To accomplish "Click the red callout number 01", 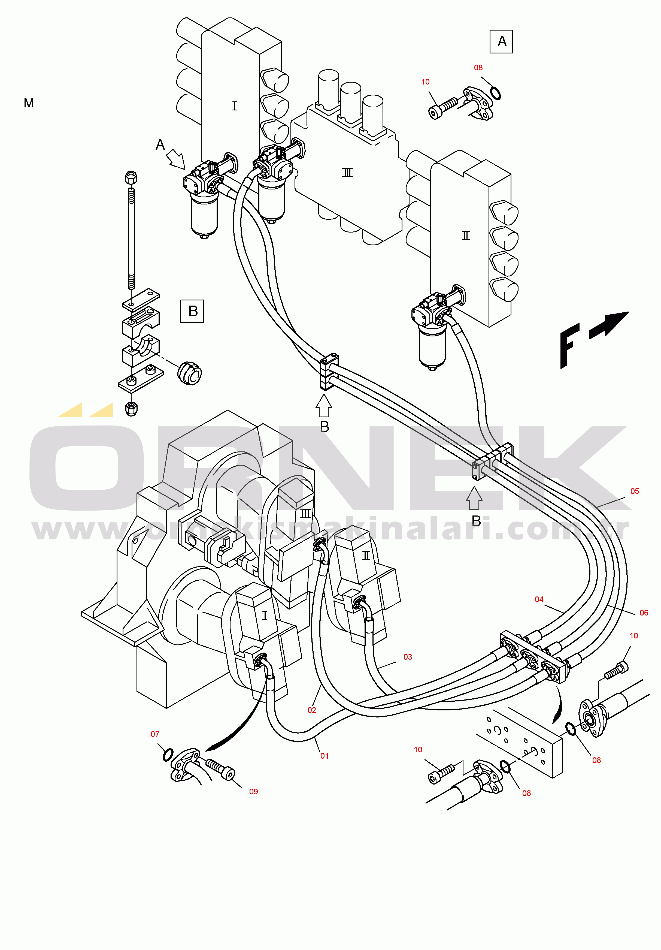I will [x=324, y=756].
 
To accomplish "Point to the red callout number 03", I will [x=407, y=657].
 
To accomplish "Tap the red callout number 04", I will [x=539, y=599].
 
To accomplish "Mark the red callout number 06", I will [x=644, y=613].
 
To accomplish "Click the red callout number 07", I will [x=155, y=734].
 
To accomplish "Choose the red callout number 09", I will [x=253, y=792].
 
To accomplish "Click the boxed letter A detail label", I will [x=501, y=41].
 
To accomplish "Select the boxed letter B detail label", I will [x=192, y=311].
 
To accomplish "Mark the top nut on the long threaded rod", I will [x=131, y=178].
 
